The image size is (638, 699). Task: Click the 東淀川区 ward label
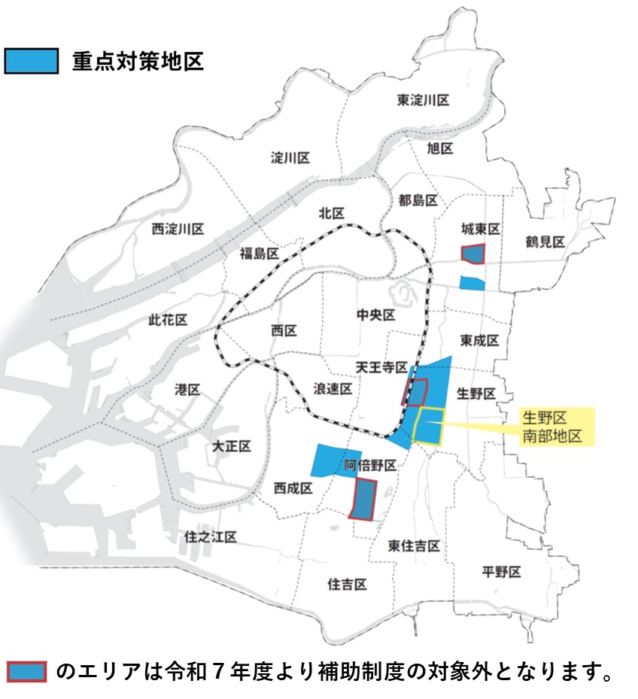423,100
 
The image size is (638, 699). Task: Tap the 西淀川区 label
178,229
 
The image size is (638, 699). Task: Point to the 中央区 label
376,315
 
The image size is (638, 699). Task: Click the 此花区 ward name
168,320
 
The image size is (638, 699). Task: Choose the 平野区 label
501,573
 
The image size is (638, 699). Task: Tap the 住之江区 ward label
211,537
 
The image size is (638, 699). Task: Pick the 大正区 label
232,446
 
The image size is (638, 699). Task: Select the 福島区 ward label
260,253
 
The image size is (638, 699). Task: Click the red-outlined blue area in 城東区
474,254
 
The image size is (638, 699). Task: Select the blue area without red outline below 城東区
472,283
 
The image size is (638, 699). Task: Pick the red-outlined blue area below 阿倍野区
364,499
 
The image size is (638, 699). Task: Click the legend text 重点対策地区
138,61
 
